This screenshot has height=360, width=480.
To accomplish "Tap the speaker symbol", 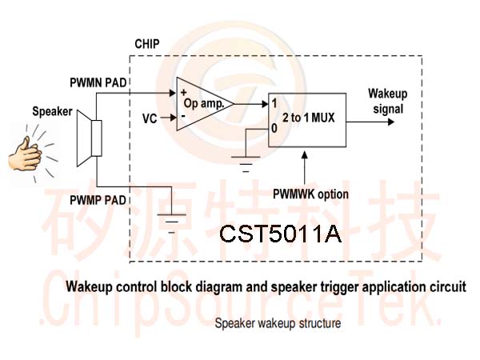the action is click(x=89, y=138).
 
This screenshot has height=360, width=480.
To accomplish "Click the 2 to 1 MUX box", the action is click(x=307, y=120).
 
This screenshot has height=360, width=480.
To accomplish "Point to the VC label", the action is click(x=150, y=118).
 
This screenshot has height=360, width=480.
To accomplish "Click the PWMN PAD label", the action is click(x=98, y=82).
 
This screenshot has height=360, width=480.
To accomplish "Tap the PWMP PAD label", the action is click(x=98, y=200).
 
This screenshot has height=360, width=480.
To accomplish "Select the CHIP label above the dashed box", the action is click(x=147, y=44).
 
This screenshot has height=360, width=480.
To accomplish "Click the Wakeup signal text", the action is click(x=388, y=102).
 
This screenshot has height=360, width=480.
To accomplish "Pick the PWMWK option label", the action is click(x=310, y=194).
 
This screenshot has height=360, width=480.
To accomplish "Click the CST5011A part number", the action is click(x=280, y=234).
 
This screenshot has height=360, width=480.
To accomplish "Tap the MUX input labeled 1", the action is click(x=274, y=103).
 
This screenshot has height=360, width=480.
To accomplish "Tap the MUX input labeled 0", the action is click(x=274, y=129).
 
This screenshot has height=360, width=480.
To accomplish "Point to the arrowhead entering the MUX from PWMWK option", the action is click(x=305, y=154).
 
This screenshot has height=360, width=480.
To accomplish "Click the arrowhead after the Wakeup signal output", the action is click(x=391, y=122).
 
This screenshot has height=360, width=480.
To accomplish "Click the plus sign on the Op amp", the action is click(x=184, y=92).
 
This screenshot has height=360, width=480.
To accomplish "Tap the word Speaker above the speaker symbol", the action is click(x=52, y=111).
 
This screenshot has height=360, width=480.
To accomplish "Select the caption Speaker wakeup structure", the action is click(x=278, y=323).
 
